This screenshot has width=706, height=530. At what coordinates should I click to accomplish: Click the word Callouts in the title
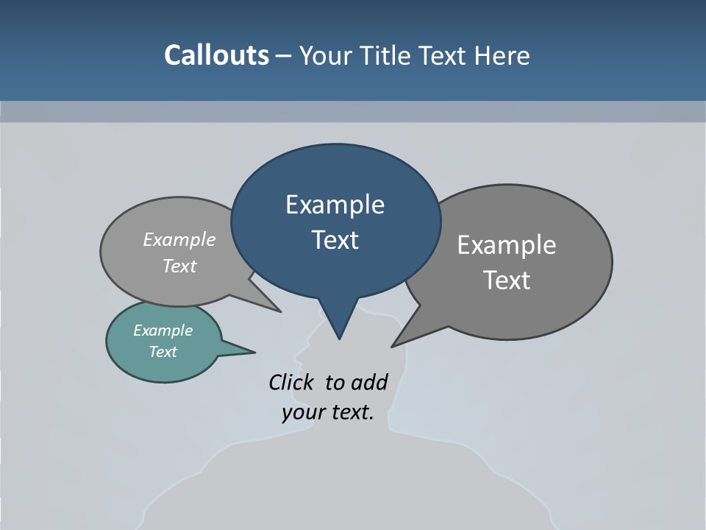(216, 55)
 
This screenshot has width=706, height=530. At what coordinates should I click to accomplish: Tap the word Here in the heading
(500, 55)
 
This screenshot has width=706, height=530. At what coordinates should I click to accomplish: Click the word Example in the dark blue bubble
(335, 205)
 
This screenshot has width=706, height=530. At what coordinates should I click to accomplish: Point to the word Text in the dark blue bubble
(335, 240)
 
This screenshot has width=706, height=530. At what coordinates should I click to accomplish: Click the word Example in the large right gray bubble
(506, 245)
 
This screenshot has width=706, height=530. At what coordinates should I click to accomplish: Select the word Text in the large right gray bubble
(506, 280)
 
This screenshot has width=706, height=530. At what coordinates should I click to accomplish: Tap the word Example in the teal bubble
(163, 331)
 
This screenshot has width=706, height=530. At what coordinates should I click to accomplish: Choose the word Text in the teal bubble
(163, 352)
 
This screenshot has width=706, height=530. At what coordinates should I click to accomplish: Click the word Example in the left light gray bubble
(179, 239)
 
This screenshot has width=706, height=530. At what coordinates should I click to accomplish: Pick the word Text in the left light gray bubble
(179, 266)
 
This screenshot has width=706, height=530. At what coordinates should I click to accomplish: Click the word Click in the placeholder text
(290, 382)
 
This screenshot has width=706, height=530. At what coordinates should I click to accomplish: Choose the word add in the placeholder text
(369, 382)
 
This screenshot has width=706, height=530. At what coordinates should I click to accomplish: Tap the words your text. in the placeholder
(327, 412)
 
